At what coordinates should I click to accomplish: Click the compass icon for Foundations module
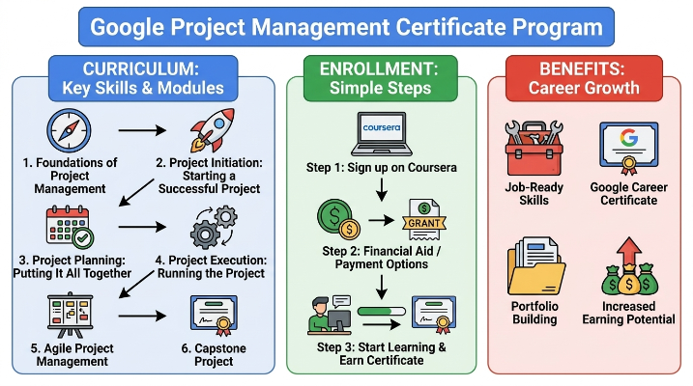(x=69, y=131)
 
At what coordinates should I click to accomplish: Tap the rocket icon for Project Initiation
(x=213, y=130)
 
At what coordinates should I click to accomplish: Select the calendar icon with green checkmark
(x=70, y=227)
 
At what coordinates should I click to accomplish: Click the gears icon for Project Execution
(x=214, y=227)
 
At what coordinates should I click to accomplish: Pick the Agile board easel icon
(x=71, y=315)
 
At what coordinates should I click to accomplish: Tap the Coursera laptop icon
(x=382, y=134)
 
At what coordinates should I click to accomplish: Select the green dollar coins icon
(x=338, y=219)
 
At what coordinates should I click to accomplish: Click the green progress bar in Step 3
(x=382, y=312)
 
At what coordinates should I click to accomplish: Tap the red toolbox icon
(x=534, y=149)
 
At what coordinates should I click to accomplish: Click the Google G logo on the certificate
(x=628, y=138)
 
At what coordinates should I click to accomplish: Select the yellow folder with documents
(x=536, y=266)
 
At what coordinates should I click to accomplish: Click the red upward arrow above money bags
(x=629, y=251)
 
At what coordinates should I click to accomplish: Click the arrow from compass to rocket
(x=142, y=130)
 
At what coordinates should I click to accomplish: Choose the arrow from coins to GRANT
(x=382, y=220)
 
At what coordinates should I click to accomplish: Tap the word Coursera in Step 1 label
(x=432, y=168)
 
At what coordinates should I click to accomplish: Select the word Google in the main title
(x=128, y=27)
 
